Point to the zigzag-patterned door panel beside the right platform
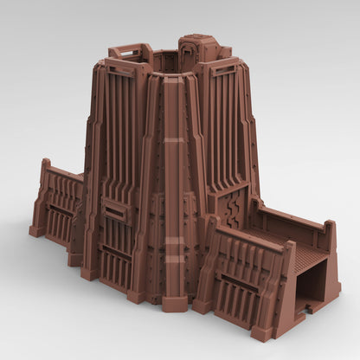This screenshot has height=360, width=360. point(231,207)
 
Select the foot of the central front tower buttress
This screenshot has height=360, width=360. point(175,304)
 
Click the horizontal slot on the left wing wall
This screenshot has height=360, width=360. point(61,210)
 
